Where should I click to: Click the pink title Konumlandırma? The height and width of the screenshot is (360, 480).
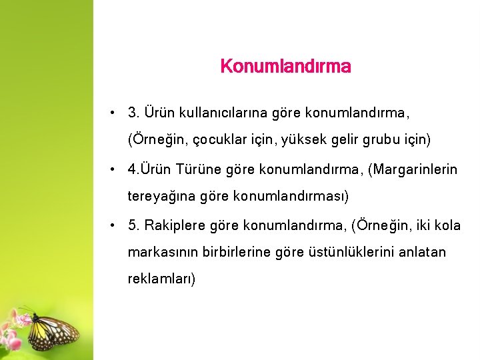pos(285,67)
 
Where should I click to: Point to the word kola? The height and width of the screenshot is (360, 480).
pos(447,225)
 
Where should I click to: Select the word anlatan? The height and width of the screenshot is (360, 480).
pos(423,253)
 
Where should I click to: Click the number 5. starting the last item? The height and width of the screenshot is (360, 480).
pos(133,225)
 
